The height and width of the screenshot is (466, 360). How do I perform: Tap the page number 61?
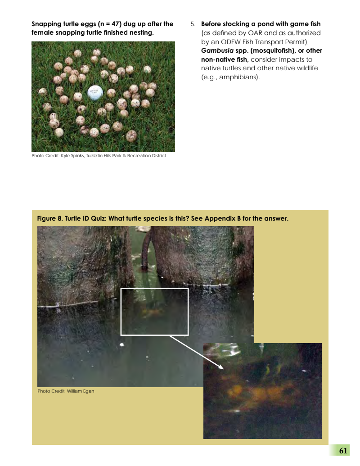tap(343, 451)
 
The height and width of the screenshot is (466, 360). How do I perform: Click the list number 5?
tap(193, 24)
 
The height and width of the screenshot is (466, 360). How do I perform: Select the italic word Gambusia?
tap(217, 50)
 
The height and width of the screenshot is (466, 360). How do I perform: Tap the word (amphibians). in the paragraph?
tap(239, 77)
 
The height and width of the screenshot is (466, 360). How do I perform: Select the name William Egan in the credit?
tap(81, 391)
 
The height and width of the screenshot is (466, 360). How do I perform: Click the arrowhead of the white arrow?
tap(221, 367)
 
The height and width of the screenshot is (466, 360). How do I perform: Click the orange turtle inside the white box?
tap(153, 312)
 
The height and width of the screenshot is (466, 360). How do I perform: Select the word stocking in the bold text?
tap(236, 24)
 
